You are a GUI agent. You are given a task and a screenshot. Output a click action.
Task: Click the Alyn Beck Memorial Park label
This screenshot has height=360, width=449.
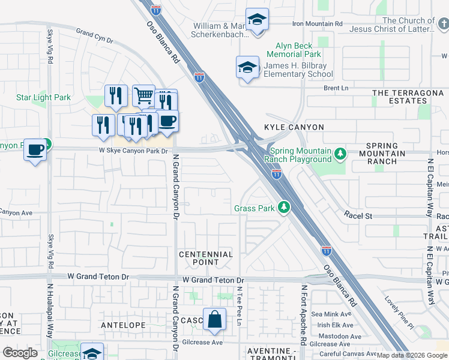click(x=298, y=50)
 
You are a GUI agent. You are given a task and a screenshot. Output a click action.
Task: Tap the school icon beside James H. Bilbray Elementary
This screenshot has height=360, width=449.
click(x=247, y=68)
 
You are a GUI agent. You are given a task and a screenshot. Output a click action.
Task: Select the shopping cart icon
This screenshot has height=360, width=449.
click(x=143, y=96)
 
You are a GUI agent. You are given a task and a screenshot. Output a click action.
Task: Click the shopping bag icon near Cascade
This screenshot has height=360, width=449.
click(x=214, y=320)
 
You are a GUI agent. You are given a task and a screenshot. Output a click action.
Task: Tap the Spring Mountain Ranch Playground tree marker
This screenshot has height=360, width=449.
click(x=340, y=155)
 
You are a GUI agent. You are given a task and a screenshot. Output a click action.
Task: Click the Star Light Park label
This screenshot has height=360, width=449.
click(x=43, y=98)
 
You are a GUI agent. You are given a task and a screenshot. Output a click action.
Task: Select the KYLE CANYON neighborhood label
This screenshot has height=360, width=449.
click(x=294, y=127)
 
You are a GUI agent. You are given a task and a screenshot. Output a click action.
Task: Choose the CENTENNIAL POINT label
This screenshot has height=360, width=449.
click(x=206, y=259)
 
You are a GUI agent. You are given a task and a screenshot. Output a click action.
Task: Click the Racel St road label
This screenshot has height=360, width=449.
click(x=358, y=214)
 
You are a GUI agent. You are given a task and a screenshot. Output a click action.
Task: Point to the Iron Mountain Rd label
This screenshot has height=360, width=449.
click(x=316, y=23)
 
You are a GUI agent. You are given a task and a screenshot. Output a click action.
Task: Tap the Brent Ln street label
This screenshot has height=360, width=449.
click(x=336, y=88)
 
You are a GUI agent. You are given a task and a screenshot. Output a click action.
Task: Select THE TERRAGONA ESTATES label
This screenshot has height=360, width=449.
click(x=399, y=97)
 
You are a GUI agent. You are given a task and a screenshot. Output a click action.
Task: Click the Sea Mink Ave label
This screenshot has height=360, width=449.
click(x=331, y=314)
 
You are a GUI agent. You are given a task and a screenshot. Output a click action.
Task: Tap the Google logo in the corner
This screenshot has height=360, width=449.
click(x=20, y=353)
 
